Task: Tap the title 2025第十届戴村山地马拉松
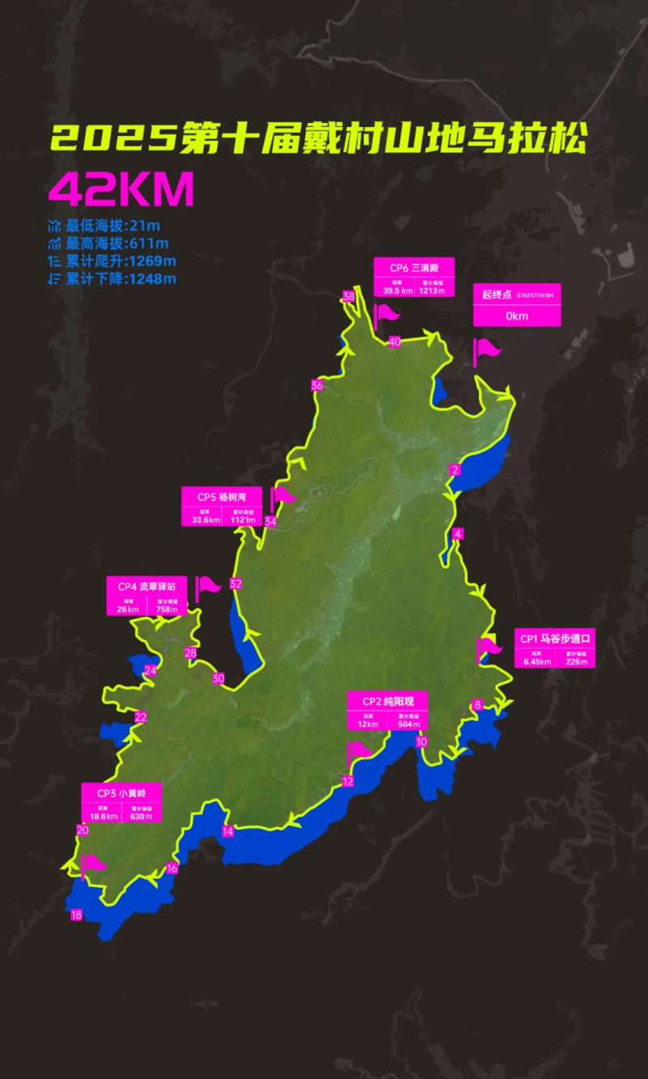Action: click(318, 139)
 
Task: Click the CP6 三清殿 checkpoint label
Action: click(413, 268)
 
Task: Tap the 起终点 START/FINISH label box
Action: click(517, 304)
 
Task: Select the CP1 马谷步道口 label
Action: click(555, 639)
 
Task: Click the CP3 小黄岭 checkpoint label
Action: click(122, 792)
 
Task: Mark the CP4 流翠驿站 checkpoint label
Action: click(147, 586)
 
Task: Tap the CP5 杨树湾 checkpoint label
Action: click(220, 496)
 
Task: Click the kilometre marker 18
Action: click(77, 915)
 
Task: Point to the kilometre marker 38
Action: click(349, 297)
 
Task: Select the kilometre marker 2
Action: click(456, 470)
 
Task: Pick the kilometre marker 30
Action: click(218, 678)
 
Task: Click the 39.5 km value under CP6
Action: click(398, 291)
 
